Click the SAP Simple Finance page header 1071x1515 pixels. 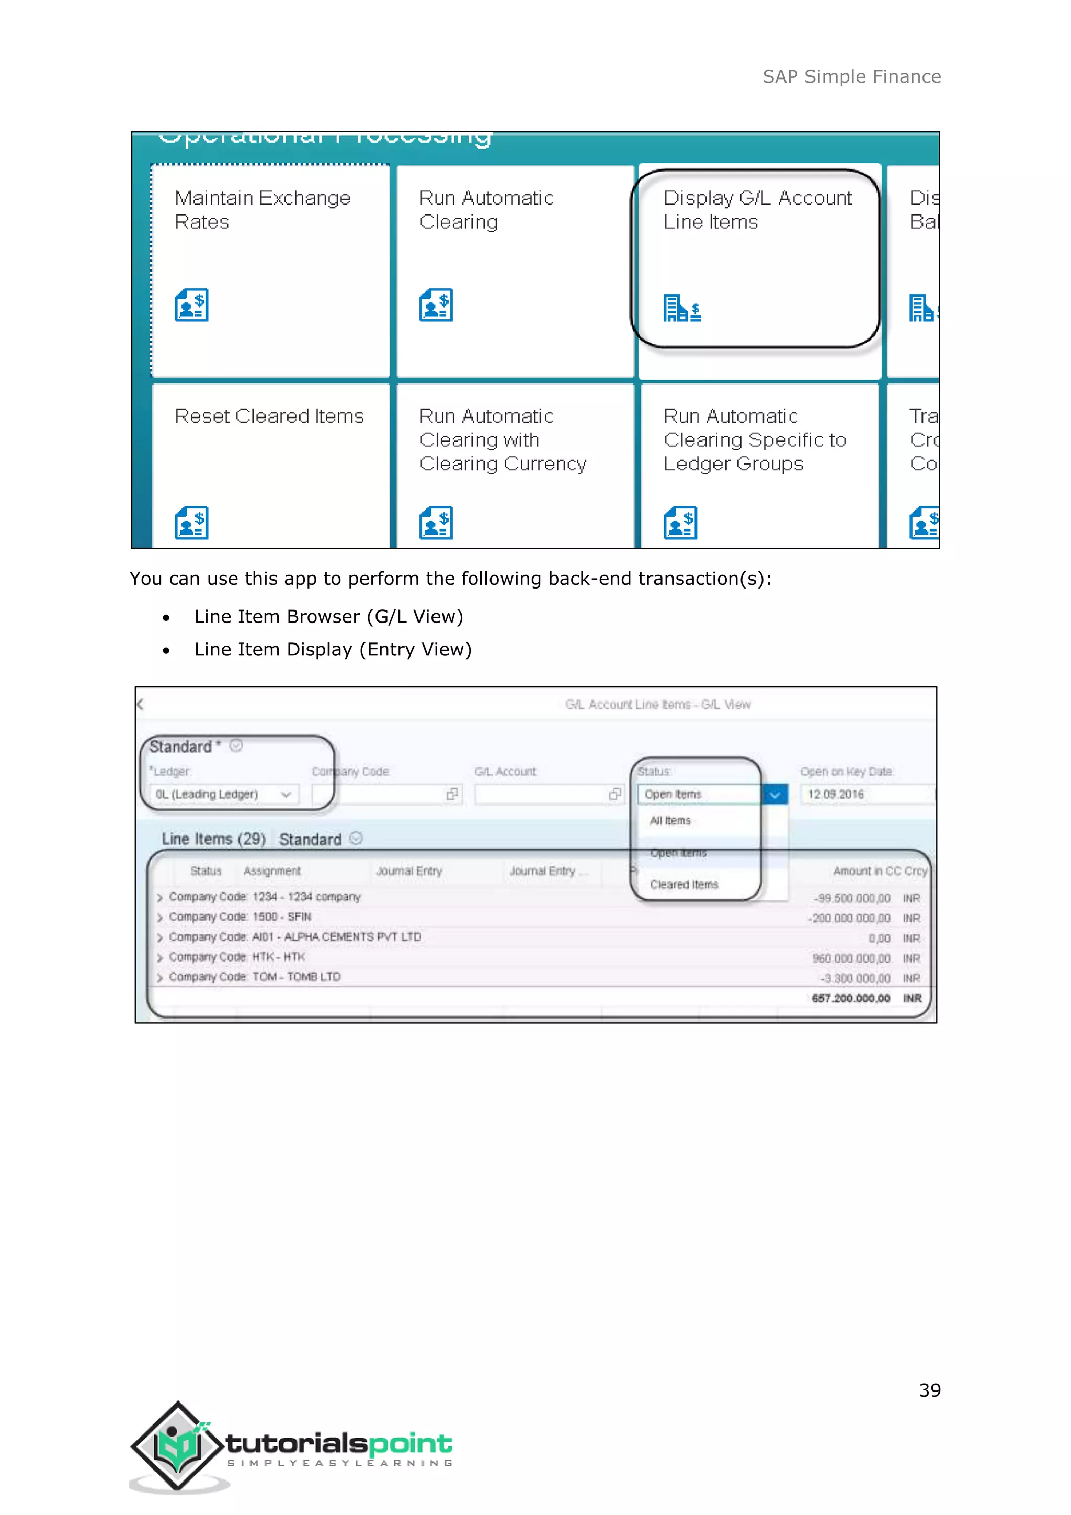(851, 76)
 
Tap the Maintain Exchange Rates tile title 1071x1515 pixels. (262, 209)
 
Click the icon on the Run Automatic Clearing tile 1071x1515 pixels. (436, 305)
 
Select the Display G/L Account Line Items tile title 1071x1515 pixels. (757, 209)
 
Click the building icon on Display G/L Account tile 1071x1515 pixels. (682, 308)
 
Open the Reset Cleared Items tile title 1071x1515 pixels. (269, 416)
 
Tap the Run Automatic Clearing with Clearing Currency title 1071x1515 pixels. (503, 439)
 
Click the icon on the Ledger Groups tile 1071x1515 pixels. (680, 523)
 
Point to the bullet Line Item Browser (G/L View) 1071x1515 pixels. (328, 616)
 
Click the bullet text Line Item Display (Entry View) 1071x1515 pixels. (333, 649)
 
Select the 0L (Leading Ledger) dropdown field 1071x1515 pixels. (223, 795)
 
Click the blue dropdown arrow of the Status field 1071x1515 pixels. (775, 795)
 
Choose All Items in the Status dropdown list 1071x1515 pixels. (670, 821)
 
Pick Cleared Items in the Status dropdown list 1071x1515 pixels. (684, 885)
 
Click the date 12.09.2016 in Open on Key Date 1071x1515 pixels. (836, 795)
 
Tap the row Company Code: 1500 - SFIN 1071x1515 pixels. (240, 917)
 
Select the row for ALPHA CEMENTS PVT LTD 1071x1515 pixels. (295, 937)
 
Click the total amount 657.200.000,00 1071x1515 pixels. (851, 998)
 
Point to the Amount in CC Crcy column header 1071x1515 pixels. (880, 871)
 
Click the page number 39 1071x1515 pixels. (929, 1390)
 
